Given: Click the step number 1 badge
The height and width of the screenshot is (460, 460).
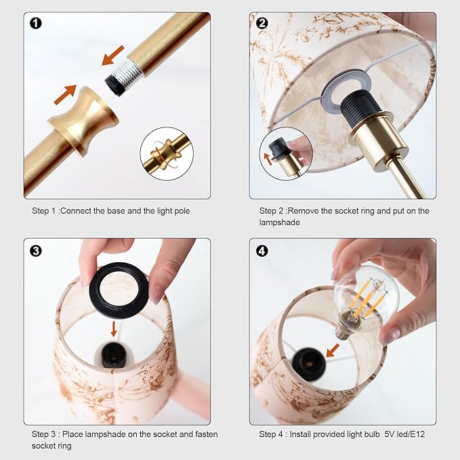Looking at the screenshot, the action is click(36, 23).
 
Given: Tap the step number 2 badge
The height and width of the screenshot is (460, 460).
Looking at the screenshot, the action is click(262, 23).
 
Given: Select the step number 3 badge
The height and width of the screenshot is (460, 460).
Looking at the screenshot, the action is click(36, 251).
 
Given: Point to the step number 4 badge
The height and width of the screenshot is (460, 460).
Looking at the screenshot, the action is click(262, 251).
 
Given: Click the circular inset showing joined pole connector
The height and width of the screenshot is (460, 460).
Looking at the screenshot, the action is click(167, 154).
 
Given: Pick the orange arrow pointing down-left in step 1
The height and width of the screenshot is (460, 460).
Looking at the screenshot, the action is click(112, 56).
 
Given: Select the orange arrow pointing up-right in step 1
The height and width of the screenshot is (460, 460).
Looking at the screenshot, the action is click(66, 94).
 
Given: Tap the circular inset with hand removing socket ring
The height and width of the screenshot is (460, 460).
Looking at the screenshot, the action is click(286, 154).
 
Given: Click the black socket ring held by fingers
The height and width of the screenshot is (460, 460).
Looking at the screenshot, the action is click(119, 290).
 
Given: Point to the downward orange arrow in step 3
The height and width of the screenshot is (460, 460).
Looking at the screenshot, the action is click(114, 329).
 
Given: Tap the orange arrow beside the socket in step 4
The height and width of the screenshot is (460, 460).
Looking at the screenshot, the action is click(333, 350).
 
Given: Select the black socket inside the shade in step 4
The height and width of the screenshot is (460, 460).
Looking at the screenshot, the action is click(309, 364).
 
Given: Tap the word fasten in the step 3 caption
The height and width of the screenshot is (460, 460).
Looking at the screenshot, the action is click(205, 434).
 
